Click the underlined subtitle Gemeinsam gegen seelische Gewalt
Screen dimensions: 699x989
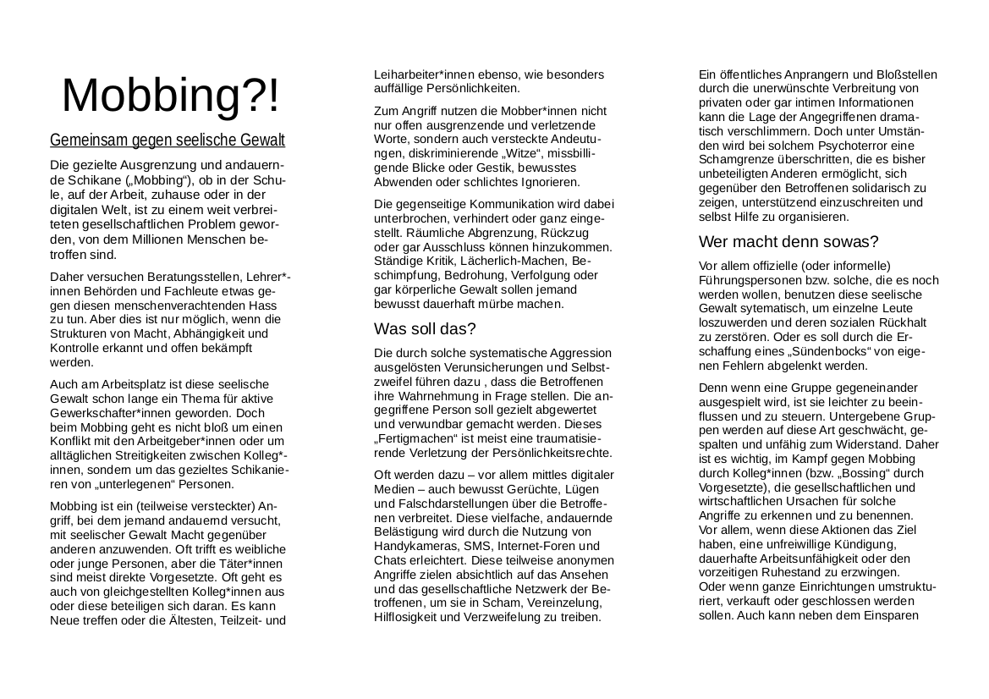click(x=168, y=140)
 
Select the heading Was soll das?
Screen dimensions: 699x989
click(x=425, y=328)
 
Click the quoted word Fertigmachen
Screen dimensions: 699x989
click(x=413, y=439)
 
